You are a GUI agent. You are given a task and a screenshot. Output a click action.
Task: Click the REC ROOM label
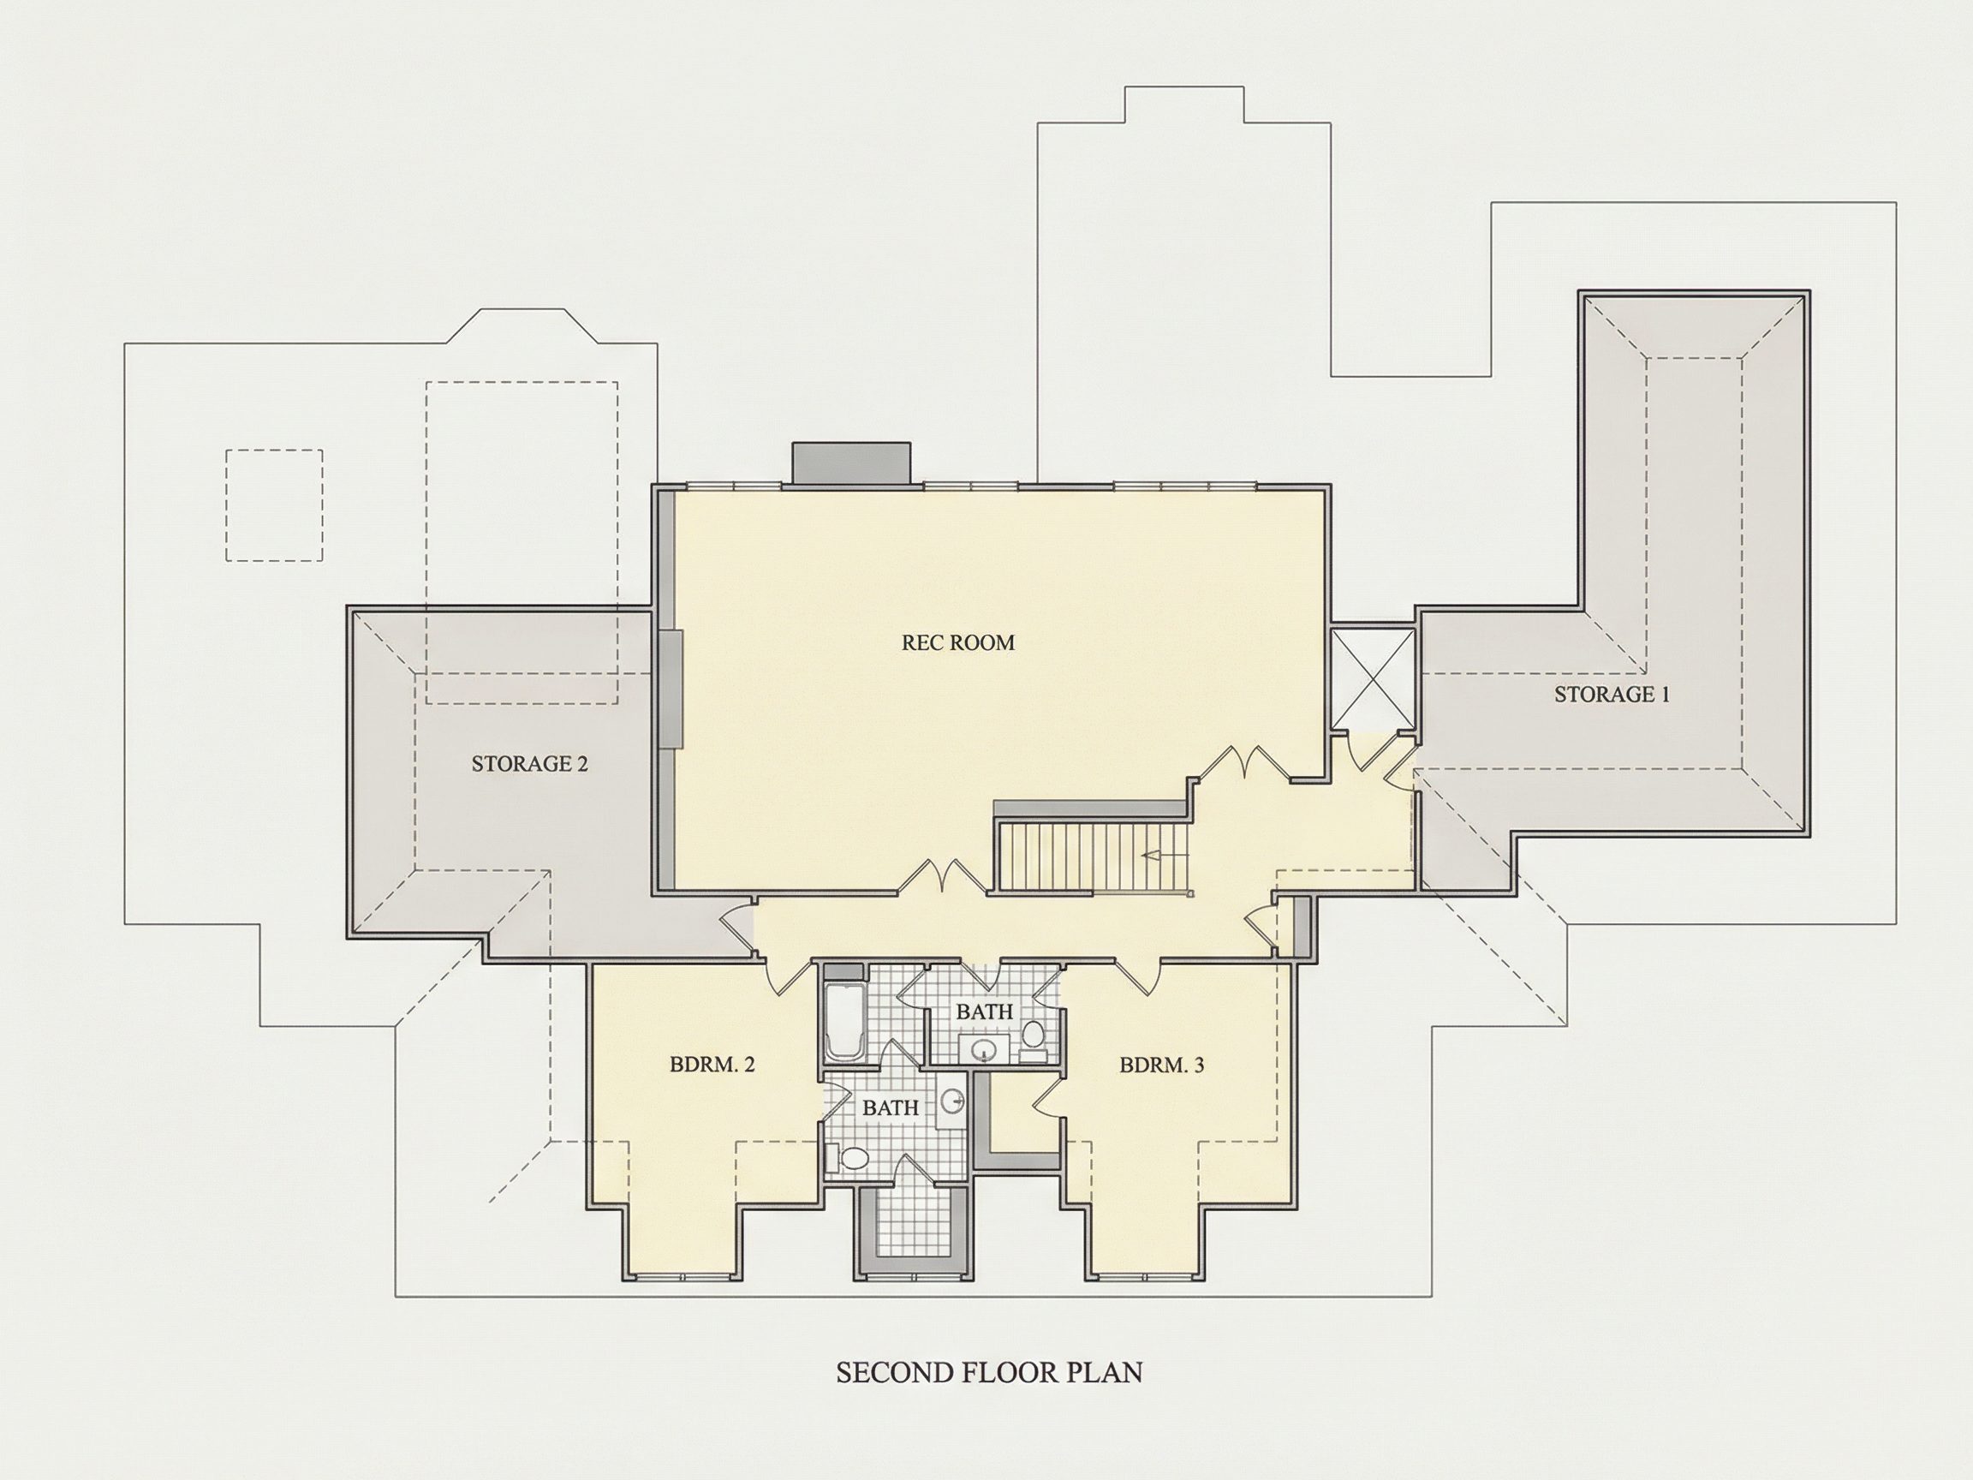pos(958,642)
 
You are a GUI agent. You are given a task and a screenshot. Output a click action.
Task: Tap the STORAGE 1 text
pos(1612,694)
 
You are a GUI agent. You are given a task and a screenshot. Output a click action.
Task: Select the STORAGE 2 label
pos(530,764)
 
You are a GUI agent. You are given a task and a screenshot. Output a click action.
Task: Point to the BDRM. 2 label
pos(712,1065)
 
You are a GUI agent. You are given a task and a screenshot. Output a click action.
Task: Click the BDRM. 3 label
pos(1161,1065)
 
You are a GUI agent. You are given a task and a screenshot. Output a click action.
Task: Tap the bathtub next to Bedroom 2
pos(843,1022)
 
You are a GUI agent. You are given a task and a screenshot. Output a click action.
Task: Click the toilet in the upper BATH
pos(1033,1039)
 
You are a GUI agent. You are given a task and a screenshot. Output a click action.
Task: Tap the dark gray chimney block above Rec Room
pos(851,464)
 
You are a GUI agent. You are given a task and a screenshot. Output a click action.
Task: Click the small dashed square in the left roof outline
pos(274,505)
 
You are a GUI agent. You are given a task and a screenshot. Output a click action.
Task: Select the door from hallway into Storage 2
pos(737,929)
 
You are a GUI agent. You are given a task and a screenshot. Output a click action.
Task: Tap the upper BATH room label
pos(985,1012)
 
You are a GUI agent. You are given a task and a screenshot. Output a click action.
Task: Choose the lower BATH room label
pos(891,1108)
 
